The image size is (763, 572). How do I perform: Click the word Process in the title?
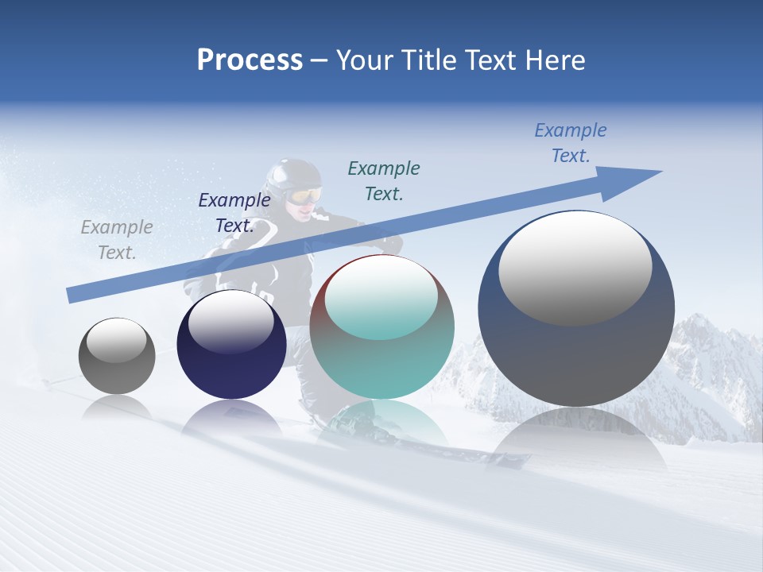[250, 60]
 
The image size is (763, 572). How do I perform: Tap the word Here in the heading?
[555, 60]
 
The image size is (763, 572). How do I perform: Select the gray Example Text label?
[117, 240]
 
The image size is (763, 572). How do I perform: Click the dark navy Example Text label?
[234, 212]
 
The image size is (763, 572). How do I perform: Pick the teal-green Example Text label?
[384, 180]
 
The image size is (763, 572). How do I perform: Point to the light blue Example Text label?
[570, 142]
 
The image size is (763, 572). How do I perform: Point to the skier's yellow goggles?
[305, 195]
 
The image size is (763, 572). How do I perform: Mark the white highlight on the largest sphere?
[575, 266]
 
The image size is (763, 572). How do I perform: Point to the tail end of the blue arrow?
[70, 296]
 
